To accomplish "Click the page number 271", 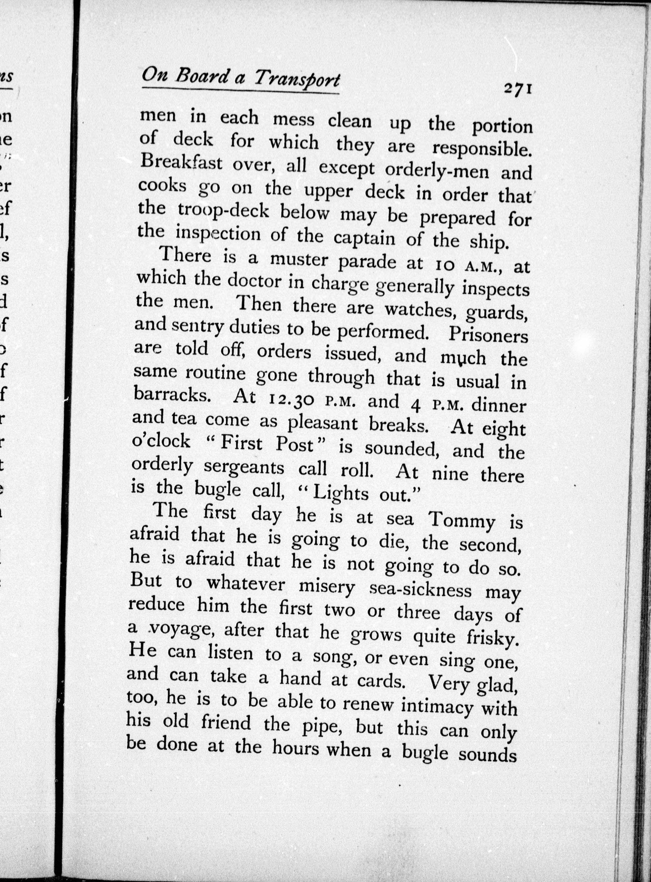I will point(518,89).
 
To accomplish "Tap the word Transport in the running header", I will point(296,78).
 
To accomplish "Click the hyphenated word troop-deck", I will point(223,211).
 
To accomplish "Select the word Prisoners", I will point(488,334).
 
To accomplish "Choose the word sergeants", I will point(244,468).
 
